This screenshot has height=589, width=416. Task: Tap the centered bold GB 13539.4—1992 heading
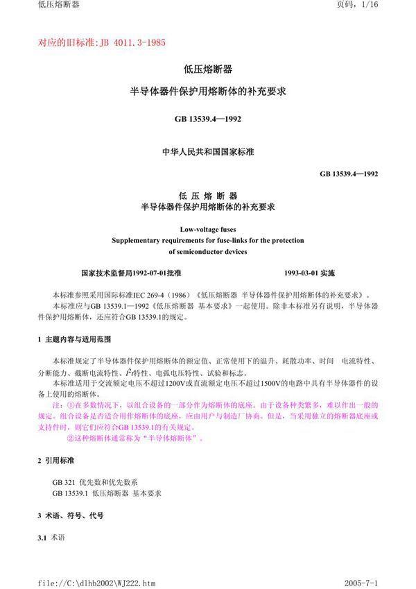(x=208, y=119)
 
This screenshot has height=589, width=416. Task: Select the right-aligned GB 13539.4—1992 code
(x=349, y=174)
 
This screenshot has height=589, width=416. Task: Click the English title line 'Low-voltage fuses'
(x=208, y=227)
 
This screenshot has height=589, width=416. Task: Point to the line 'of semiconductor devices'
(x=208, y=252)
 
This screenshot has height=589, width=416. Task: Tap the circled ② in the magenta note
(x=69, y=438)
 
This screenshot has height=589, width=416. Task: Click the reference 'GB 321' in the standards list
(x=62, y=481)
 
